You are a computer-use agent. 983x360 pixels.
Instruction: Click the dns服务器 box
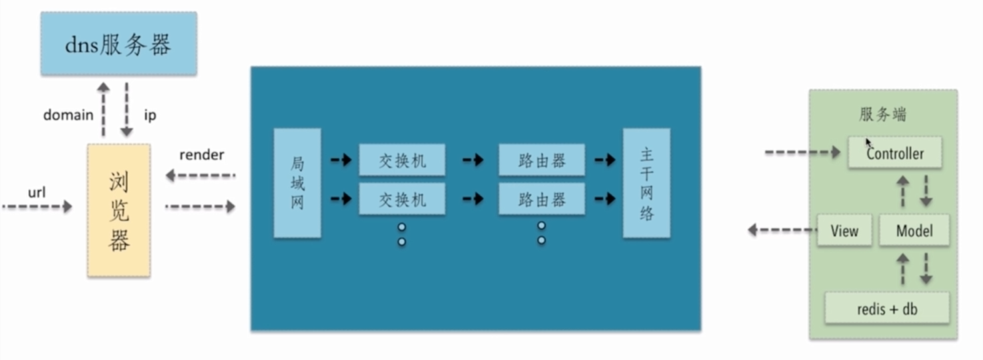coord(119,43)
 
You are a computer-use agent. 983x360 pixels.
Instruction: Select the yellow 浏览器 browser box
coord(119,210)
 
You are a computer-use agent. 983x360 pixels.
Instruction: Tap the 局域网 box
coord(297,183)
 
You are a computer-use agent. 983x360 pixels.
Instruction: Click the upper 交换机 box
coord(402,160)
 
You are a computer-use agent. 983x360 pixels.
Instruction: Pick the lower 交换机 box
coord(402,199)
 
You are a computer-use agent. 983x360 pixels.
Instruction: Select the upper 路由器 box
coord(542,160)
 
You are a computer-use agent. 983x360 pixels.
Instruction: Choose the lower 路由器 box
coord(542,199)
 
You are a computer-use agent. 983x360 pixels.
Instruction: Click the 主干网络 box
coord(646,183)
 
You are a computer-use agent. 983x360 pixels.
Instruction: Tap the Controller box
coord(895,153)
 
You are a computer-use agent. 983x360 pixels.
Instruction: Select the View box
coord(844,231)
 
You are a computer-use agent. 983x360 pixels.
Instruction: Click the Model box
coord(914,231)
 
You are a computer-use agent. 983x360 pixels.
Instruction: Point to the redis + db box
coord(887,309)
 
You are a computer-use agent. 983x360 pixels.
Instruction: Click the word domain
coord(68,115)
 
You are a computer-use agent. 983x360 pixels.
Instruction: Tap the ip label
coord(150,115)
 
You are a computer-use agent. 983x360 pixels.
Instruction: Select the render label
coord(201,155)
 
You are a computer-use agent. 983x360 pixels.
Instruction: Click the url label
coord(37,193)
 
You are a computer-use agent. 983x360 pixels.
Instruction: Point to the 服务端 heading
coord(882,115)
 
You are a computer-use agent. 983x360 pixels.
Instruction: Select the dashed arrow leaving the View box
coord(782,230)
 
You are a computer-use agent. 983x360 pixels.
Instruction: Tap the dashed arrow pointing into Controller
coord(802,153)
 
